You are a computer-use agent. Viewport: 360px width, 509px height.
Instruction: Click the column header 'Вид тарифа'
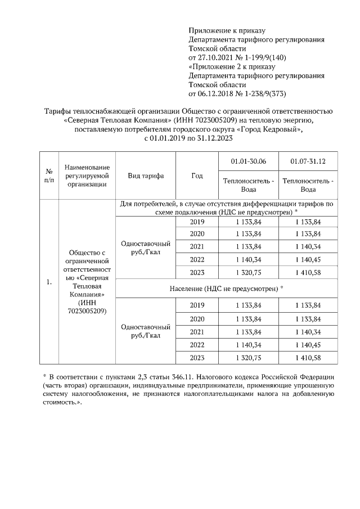[x=146, y=175]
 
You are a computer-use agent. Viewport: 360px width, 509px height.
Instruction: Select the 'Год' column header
[x=196, y=175]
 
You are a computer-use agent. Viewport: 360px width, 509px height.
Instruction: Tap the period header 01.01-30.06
[x=248, y=161]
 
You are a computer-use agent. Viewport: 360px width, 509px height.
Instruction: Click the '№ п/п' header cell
[x=49, y=175]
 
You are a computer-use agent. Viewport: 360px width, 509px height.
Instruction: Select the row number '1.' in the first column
[x=49, y=282]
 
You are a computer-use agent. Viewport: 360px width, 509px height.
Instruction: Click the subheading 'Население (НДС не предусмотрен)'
[x=226, y=288]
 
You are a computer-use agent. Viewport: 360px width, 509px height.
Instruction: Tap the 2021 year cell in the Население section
[x=197, y=331]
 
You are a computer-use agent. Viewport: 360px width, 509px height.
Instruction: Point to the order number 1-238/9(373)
[x=264, y=93]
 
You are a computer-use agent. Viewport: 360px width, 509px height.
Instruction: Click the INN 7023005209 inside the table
[x=84, y=310]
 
